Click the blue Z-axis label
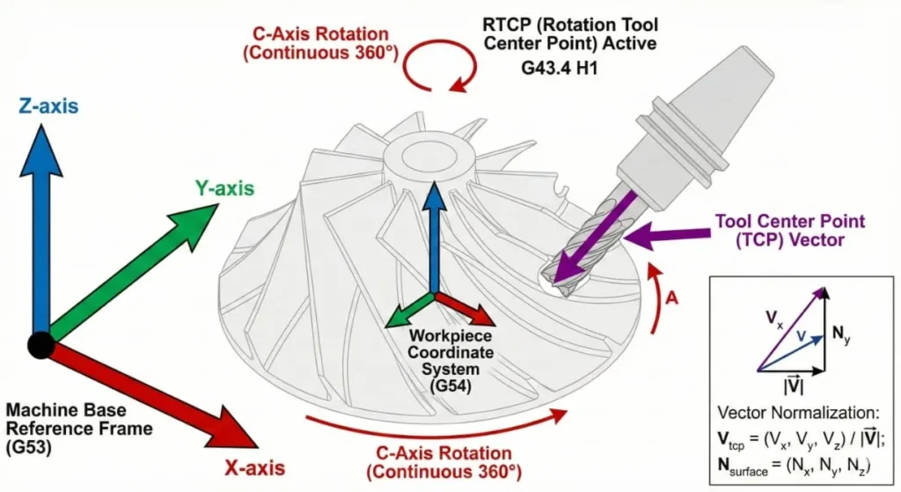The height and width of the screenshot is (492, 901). tap(48, 106)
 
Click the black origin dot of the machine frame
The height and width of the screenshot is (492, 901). tap(40, 344)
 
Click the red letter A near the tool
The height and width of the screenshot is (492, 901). tap(671, 297)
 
